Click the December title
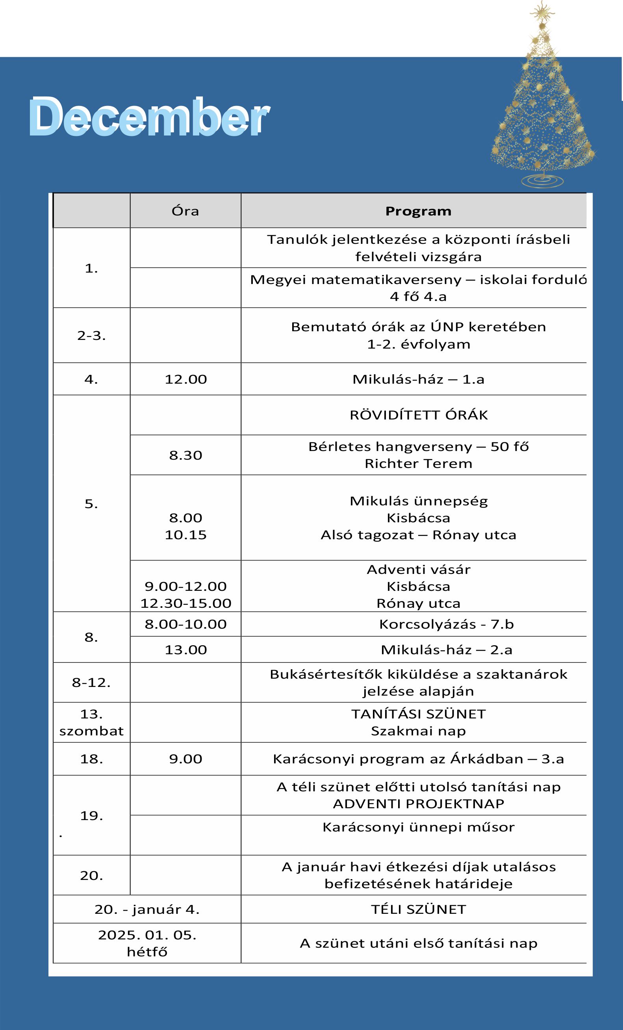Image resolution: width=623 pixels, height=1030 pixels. (149, 117)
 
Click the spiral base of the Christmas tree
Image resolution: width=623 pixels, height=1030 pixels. (542, 180)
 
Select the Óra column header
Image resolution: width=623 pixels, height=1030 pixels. (185, 211)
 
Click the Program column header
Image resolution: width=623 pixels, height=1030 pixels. (418, 211)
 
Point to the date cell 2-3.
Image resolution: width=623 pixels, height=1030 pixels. (91, 335)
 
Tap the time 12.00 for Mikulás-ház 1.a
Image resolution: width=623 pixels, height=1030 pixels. (185, 379)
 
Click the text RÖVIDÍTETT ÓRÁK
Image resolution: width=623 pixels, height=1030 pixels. (418, 415)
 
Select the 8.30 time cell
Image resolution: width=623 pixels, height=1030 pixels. (185, 455)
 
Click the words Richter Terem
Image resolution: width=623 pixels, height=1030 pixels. (418, 464)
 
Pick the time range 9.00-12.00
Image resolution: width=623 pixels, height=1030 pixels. (185, 586)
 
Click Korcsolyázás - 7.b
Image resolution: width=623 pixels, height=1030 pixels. (446, 624)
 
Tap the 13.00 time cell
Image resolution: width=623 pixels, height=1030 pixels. (185, 650)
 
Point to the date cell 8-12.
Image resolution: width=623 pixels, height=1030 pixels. (91, 683)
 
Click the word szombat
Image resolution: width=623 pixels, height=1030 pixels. (91, 731)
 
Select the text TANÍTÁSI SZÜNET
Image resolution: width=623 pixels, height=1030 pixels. (418, 714)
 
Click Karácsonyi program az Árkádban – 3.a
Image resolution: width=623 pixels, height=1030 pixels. (418, 759)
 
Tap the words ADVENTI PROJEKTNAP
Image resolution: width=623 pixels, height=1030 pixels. (418, 804)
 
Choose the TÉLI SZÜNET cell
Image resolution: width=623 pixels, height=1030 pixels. (418, 909)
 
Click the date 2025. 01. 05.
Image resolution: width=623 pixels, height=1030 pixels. (147, 935)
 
